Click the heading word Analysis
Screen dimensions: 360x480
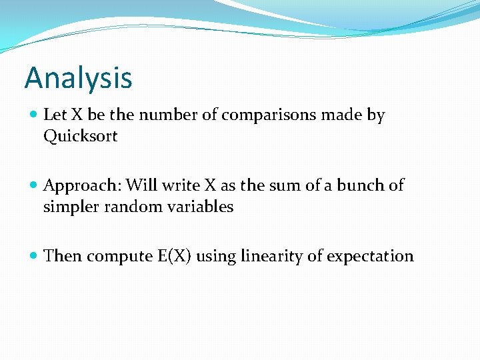pyautogui.click(x=79, y=77)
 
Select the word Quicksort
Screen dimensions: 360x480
pyautogui.click(x=80, y=136)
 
